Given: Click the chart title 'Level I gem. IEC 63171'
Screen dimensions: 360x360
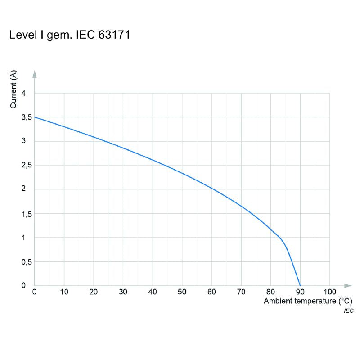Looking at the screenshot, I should pyautogui.click(x=70, y=36).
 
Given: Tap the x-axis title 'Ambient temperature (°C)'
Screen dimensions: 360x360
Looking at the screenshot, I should pyautogui.click(x=307, y=301).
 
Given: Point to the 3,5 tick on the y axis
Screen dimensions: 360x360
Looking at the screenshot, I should pyautogui.click(x=26, y=117).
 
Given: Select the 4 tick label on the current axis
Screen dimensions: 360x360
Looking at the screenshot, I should pyautogui.click(x=24, y=93).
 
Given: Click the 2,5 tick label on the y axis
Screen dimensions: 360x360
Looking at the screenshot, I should pyautogui.click(x=26, y=166).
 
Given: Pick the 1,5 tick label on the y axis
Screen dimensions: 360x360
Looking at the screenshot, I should pyautogui.click(x=26, y=214).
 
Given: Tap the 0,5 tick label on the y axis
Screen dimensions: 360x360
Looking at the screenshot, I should pyautogui.click(x=26, y=261).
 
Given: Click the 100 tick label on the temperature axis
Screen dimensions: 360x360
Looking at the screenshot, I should pyautogui.click(x=330, y=292).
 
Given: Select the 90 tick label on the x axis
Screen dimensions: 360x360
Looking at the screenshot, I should pyautogui.click(x=300, y=292).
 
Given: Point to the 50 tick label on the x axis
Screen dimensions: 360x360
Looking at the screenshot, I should pyautogui.click(x=182, y=292).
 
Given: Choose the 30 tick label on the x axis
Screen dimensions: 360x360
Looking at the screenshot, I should pyautogui.click(x=123, y=292).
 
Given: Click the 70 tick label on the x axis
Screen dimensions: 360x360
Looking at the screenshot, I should pyautogui.click(x=241, y=292).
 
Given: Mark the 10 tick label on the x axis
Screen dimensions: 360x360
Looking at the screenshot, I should pyautogui.click(x=64, y=292).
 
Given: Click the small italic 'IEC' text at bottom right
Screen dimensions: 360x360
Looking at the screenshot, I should pyautogui.click(x=348, y=311).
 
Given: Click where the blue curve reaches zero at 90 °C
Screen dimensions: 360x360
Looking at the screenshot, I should pyautogui.click(x=300, y=285).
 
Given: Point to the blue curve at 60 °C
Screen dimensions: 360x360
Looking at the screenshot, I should pyautogui.click(x=211, y=188).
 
